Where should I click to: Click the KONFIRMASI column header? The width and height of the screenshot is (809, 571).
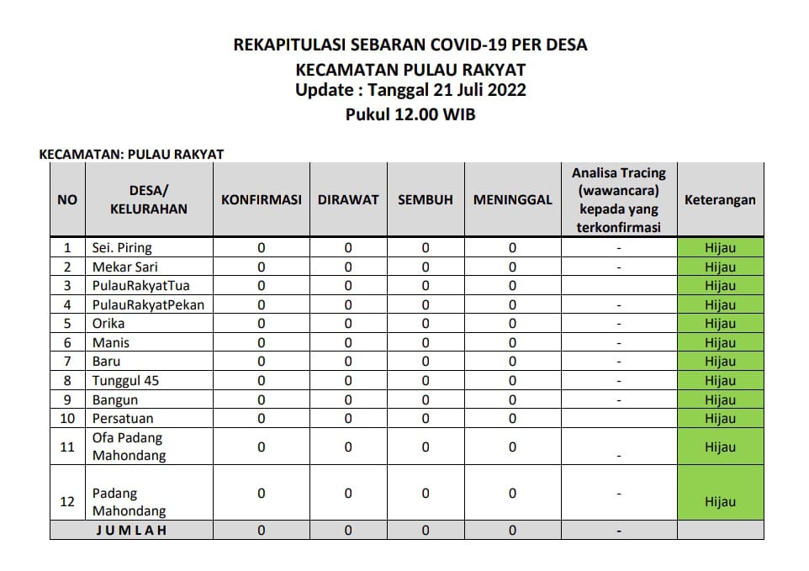click(x=261, y=200)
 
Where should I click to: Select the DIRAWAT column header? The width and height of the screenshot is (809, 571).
click(x=348, y=200)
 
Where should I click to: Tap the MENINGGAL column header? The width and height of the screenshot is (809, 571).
click(x=512, y=200)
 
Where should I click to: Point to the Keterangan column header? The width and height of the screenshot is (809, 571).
click(x=720, y=200)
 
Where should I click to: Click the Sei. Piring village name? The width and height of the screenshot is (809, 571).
click(x=122, y=248)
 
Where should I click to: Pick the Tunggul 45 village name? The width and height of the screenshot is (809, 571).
click(x=125, y=381)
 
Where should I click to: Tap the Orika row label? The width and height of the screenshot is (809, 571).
click(x=108, y=324)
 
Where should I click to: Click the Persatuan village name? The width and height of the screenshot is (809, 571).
click(x=123, y=419)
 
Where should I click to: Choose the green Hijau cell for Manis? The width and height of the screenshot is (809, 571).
click(x=720, y=343)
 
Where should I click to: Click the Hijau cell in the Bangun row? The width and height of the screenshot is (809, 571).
click(x=720, y=400)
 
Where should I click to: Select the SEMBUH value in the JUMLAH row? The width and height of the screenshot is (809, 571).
click(x=426, y=531)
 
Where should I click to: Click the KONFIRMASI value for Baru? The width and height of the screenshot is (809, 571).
click(x=261, y=362)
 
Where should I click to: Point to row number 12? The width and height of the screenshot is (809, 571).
click(x=67, y=502)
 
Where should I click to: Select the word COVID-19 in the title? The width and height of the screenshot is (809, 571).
click(x=475, y=45)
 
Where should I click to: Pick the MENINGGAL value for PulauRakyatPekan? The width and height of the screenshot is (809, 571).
click(x=512, y=305)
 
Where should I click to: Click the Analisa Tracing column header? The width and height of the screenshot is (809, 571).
click(x=619, y=200)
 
